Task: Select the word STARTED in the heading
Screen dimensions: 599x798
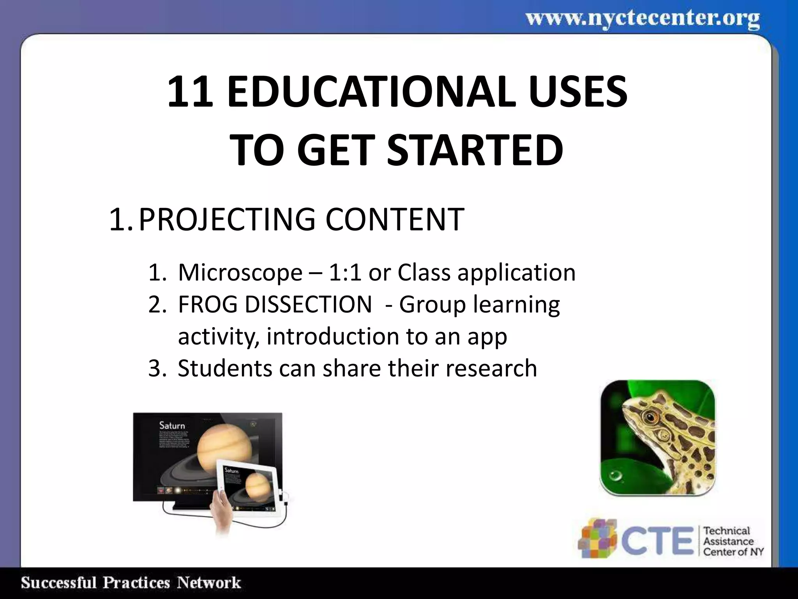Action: pyautogui.click(x=475, y=150)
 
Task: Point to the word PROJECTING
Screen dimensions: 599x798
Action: pyautogui.click(x=227, y=219)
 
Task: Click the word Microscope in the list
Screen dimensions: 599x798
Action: pyautogui.click(x=240, y=272)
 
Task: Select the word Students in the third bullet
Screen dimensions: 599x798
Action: pyautogui.click(x=225, y=368)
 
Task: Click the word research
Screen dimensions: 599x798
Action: pyautogui.click(x=491, y=368)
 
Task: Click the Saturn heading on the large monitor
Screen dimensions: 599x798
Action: pyautogui.click(x=172, y=425)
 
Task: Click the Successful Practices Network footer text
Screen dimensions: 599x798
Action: pyautogui.click(x=131, y=583)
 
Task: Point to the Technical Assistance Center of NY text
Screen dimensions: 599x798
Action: pyautogui.click(x=733, y=541)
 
